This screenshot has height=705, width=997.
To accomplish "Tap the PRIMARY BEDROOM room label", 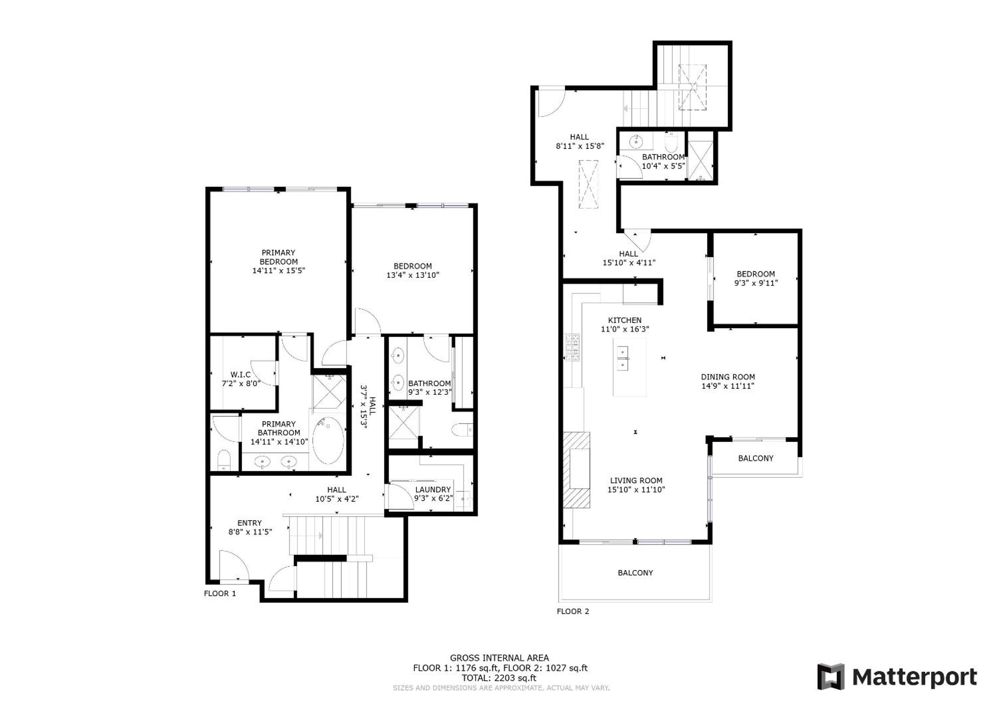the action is [278, 257].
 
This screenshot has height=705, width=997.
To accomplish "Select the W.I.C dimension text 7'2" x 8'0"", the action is [241, 383].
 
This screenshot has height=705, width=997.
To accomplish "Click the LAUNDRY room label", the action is [433, 489].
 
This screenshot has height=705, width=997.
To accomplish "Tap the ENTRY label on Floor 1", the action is [250, 523].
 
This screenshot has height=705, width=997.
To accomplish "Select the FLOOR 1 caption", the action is [220, 593].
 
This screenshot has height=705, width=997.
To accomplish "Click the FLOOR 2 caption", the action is [573, 611].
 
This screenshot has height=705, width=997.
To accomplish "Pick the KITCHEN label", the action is [625, 320].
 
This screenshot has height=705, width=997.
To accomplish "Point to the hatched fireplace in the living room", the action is [577, 470].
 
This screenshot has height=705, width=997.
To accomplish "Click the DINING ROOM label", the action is [728, 377].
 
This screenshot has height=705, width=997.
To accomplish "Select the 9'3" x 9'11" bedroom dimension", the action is [756, 283].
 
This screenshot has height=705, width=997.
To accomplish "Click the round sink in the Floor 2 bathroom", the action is [636, 141].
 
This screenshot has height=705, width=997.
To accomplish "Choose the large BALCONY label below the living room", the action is [635, 572].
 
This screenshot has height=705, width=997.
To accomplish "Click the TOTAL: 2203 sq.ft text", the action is [499, 678].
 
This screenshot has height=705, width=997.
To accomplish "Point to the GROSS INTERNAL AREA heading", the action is [499, 658].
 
